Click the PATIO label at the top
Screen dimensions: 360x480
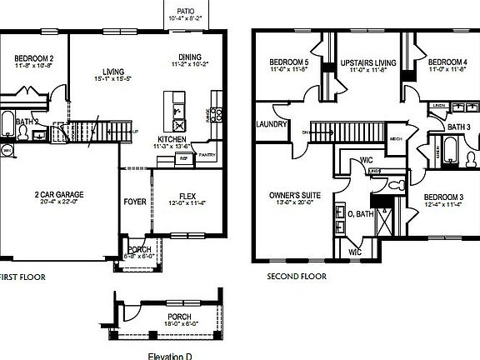(186, 10)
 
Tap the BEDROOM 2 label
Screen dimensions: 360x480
(33, 58)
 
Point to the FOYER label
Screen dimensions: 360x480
(135, 201)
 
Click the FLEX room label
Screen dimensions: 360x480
(188, 197)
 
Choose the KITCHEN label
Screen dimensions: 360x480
(172, 139)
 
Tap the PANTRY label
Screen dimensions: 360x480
(207, 154)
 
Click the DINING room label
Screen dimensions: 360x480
(190, 57)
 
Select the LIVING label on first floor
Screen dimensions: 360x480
(112, 72)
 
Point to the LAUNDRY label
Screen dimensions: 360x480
(272, 124)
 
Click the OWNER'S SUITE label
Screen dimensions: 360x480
(290, 195)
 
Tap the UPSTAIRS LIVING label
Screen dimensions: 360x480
(362, 63)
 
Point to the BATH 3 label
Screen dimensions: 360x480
(459, 127)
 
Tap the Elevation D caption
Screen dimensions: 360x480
(170, 355)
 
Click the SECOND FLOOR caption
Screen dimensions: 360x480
(296, 276)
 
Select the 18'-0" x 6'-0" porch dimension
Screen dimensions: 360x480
(179, 325)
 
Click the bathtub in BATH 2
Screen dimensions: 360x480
(7, 125)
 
